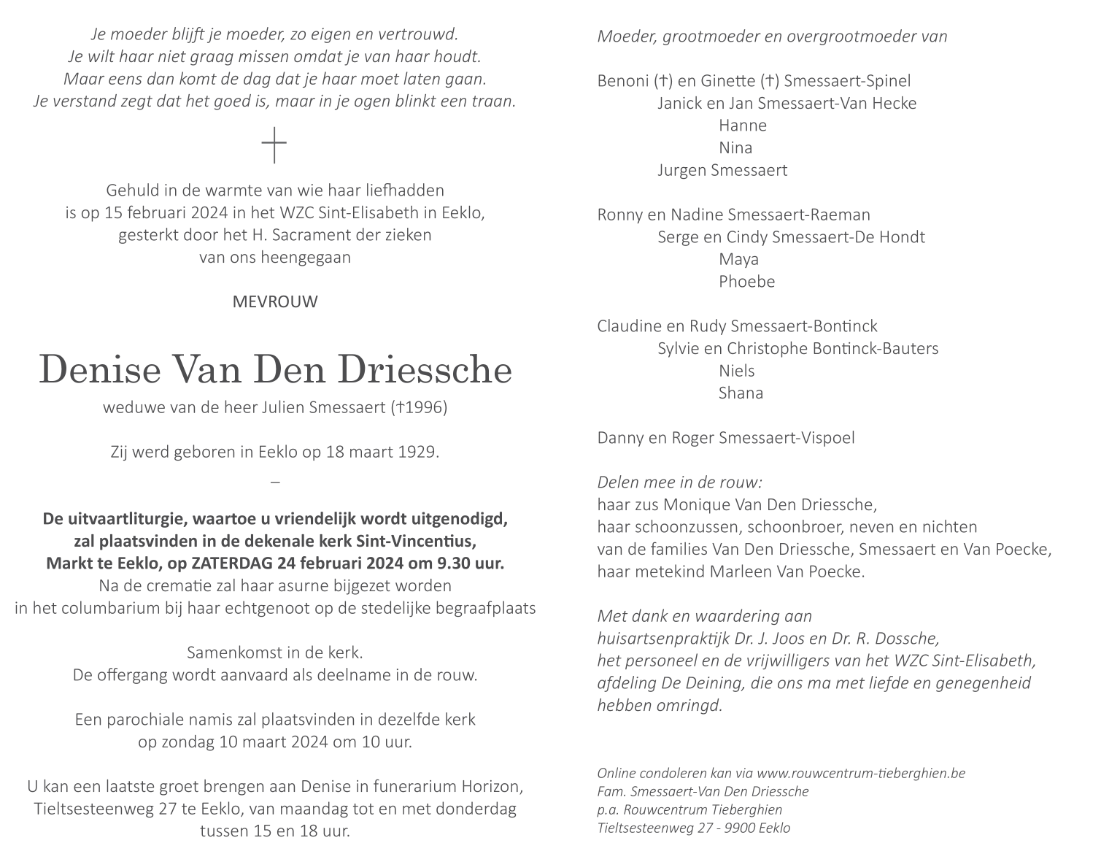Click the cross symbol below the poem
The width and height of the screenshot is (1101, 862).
pyautogui.click(x=274, y=145)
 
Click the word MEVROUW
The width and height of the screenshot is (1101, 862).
pyautogui.click(x=275, y=301)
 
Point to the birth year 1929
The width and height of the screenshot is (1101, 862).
pyautogui.click(x=418, y=452)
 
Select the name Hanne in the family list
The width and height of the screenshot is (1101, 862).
pyautogui.click(x=742, y=126)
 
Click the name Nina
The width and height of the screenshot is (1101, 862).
pyautogui.click(x=735, y=148)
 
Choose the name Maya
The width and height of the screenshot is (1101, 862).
pyautogui.click(x=738, y=259)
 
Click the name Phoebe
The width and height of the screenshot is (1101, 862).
pyautogui.click(x=746, y=282)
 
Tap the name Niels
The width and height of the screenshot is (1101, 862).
pyautogui.click(x=736, y=371)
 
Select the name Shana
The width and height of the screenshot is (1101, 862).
pyautogui.click(x=741, y=393)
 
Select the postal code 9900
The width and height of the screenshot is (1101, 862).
pyautogui.click(x=740, y=828)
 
